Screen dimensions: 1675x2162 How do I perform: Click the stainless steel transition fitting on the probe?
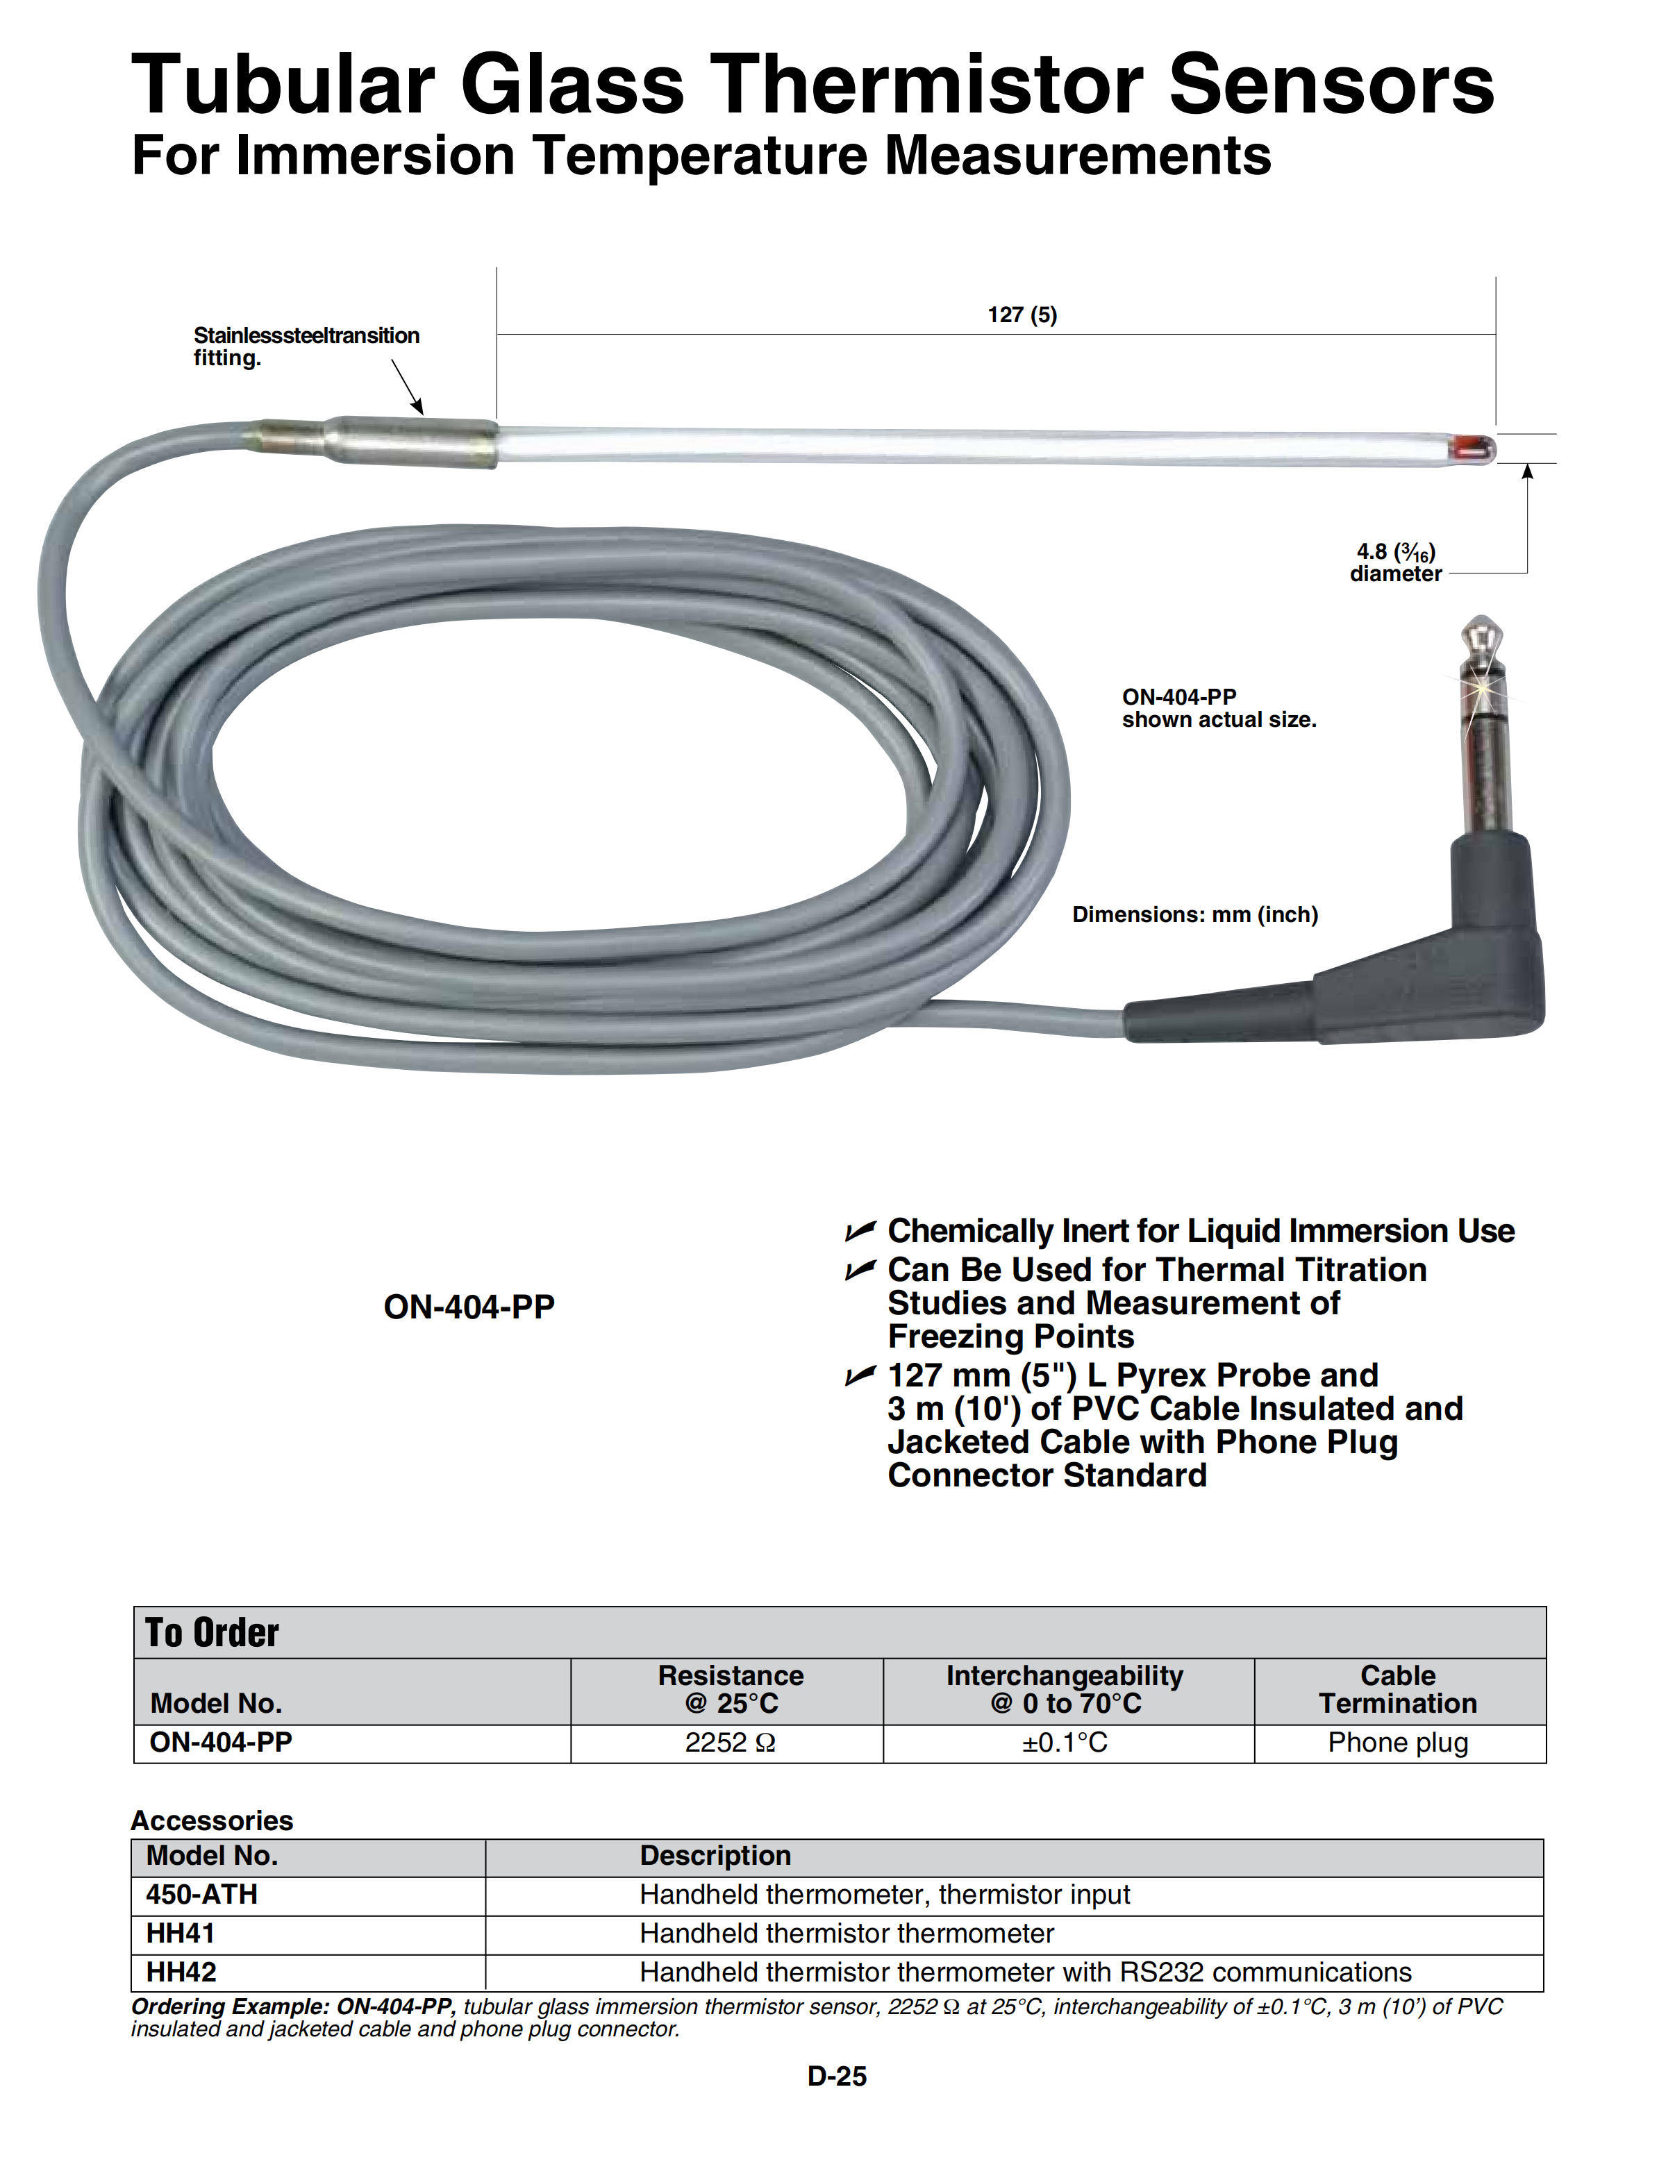click(x=374, y=442)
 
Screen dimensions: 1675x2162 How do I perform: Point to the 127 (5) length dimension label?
click(x=1022, y=315)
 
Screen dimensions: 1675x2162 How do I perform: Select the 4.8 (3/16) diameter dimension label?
click(x=1396, y=562)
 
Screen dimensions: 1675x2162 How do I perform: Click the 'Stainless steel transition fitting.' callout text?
click(x=306, y=346)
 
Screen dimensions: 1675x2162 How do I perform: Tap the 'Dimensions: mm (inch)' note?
click(x=1195, y=914)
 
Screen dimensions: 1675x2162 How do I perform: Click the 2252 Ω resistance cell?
click(x=730, y=1742)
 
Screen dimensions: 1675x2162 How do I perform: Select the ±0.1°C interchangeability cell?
click(x=1064, y=1742)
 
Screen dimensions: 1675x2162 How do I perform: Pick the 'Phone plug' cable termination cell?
click(x=1398, y=1742)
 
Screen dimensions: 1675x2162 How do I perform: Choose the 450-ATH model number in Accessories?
click(x=202, y=1894)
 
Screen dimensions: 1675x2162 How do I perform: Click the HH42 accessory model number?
click(x=181, y=1972)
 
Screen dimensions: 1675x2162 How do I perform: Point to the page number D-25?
click(x=837, y=2076)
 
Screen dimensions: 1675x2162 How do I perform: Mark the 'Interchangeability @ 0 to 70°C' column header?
click(x=1064, y=1688)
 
